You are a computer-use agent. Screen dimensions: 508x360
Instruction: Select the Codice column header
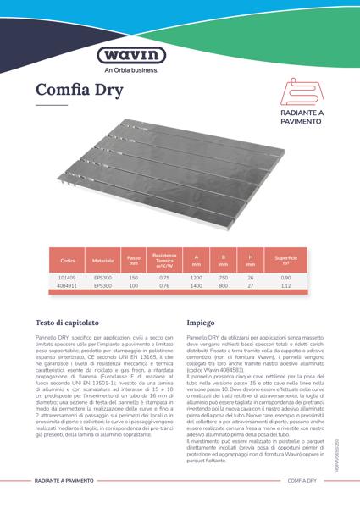pyautogui.click(x=68, y=258)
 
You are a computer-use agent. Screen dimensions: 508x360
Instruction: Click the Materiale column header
pyautogui.click(x=102, y=258)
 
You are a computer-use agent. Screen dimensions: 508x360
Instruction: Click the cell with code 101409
pyautogui.click(x=68, y=278)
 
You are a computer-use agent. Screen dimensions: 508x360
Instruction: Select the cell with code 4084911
pyautogui.click(x=68, y=286)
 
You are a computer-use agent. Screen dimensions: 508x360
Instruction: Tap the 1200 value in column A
pyautogui.click(x=196, y=278)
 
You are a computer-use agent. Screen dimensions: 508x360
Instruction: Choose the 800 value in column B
pyautogui.click(x=224, y=286)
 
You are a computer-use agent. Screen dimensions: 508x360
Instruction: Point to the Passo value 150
pyautogui.click(x=133, y=278)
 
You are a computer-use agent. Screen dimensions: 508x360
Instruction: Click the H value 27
pyautogui.click(x=250, y=286)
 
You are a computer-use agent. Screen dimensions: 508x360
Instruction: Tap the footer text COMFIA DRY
pyautogui.click(x=302, y=479)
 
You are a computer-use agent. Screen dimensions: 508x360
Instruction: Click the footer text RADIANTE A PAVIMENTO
pyautogui.click(x=69, y=479)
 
